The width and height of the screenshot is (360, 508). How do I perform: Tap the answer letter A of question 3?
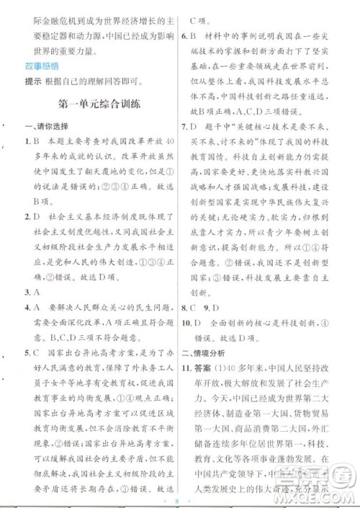(x=35, y=273)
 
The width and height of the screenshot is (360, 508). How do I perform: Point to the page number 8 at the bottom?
(x=179, y=496)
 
